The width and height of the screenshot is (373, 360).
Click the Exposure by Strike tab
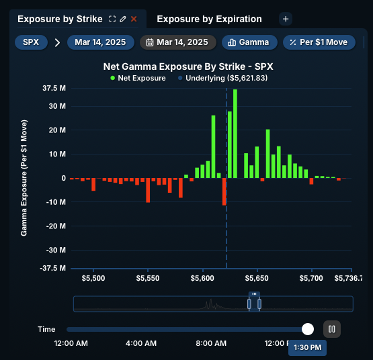tap(60, 19)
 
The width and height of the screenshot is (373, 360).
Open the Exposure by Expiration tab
tap(209, 19)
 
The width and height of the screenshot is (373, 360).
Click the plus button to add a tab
tap(285, 19)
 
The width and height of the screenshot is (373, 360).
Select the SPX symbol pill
tap(31, 42)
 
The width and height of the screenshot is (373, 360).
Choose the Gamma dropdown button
tap(249, 42)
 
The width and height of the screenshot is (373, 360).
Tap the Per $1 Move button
tap(319, 42)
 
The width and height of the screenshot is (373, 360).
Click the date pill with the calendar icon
tap(178, 42)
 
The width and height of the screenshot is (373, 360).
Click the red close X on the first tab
tap(134, 19)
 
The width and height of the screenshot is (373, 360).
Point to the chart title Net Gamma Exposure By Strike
tap(188, 67)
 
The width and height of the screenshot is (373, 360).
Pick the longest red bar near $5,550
tap(148, 189)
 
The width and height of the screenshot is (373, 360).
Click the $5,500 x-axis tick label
tap(93, 277)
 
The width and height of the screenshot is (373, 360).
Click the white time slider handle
tap(308, 329)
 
